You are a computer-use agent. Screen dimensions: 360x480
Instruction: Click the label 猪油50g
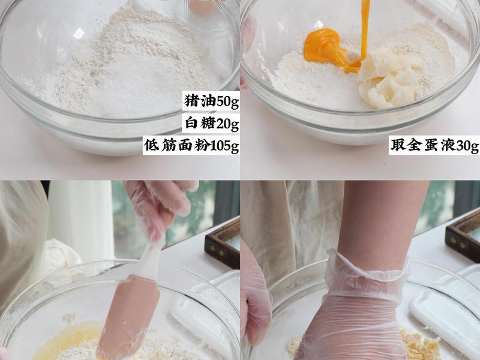click(x=211, y=101)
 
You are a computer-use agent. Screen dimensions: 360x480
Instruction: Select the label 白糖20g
click(x=211, y=124)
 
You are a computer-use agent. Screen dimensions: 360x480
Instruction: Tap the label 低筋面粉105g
click(x=191, y=146)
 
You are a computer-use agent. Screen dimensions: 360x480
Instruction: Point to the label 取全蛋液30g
click(x=434, y=146)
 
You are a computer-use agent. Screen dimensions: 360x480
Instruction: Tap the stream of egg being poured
click(x=364, y=24)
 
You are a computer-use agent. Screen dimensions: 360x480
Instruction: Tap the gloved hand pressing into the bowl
click(x=354, y=312)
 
